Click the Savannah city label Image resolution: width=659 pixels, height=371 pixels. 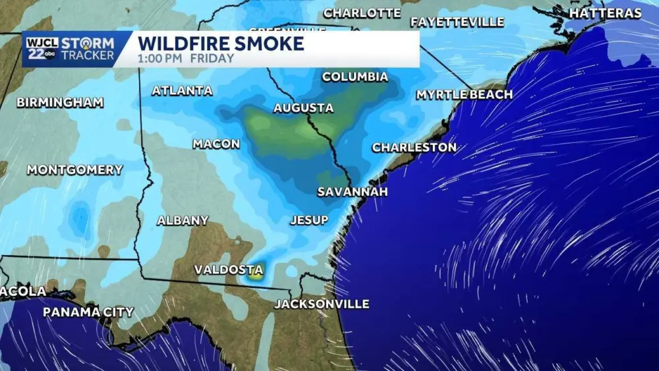pos(352,192)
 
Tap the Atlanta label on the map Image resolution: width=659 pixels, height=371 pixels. pos(182,91)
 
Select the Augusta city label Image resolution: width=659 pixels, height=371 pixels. pos(303,108)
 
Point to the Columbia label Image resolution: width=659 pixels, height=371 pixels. pos(355,77)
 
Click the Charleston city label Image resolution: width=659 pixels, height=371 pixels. pos(414,148)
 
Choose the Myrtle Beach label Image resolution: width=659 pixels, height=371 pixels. pos(464,95)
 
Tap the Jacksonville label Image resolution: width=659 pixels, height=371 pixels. pos(322,304)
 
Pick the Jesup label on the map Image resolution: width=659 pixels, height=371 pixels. pos(309,220)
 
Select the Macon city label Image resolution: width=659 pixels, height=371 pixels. pos(216,144)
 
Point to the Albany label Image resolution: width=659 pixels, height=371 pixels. pos(183,221)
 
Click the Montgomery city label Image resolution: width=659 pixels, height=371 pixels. pos(74,170)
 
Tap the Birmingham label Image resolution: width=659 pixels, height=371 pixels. pos(60,102)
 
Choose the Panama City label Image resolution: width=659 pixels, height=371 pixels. pos(88,312)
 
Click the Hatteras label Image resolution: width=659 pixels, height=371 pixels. pos(604,13)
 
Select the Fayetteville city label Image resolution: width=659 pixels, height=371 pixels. pos(457,22)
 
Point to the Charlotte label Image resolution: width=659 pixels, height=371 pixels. pos(362,13)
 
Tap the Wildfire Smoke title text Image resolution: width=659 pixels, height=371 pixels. pos(221,44)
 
